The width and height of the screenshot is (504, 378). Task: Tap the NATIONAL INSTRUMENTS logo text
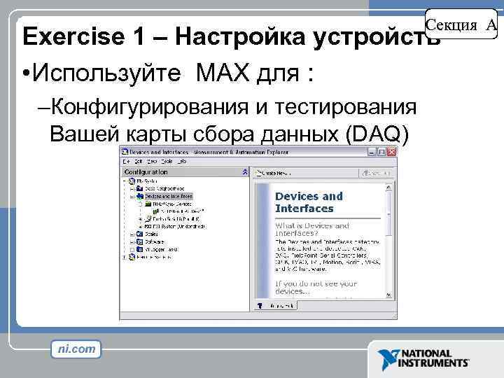coord(434,359)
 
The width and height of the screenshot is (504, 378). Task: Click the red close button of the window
coord(391,151)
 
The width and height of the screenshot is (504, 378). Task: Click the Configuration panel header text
coord(146,171)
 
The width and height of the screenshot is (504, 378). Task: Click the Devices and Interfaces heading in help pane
coord(309,202)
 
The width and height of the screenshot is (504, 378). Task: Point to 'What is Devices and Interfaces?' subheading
coord(312,230)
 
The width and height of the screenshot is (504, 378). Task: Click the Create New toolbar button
coord(273,172)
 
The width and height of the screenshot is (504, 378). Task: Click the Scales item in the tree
coord(151,234)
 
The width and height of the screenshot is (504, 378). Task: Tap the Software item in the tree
coord(155,241)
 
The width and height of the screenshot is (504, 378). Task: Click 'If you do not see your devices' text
coord(316,287)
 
